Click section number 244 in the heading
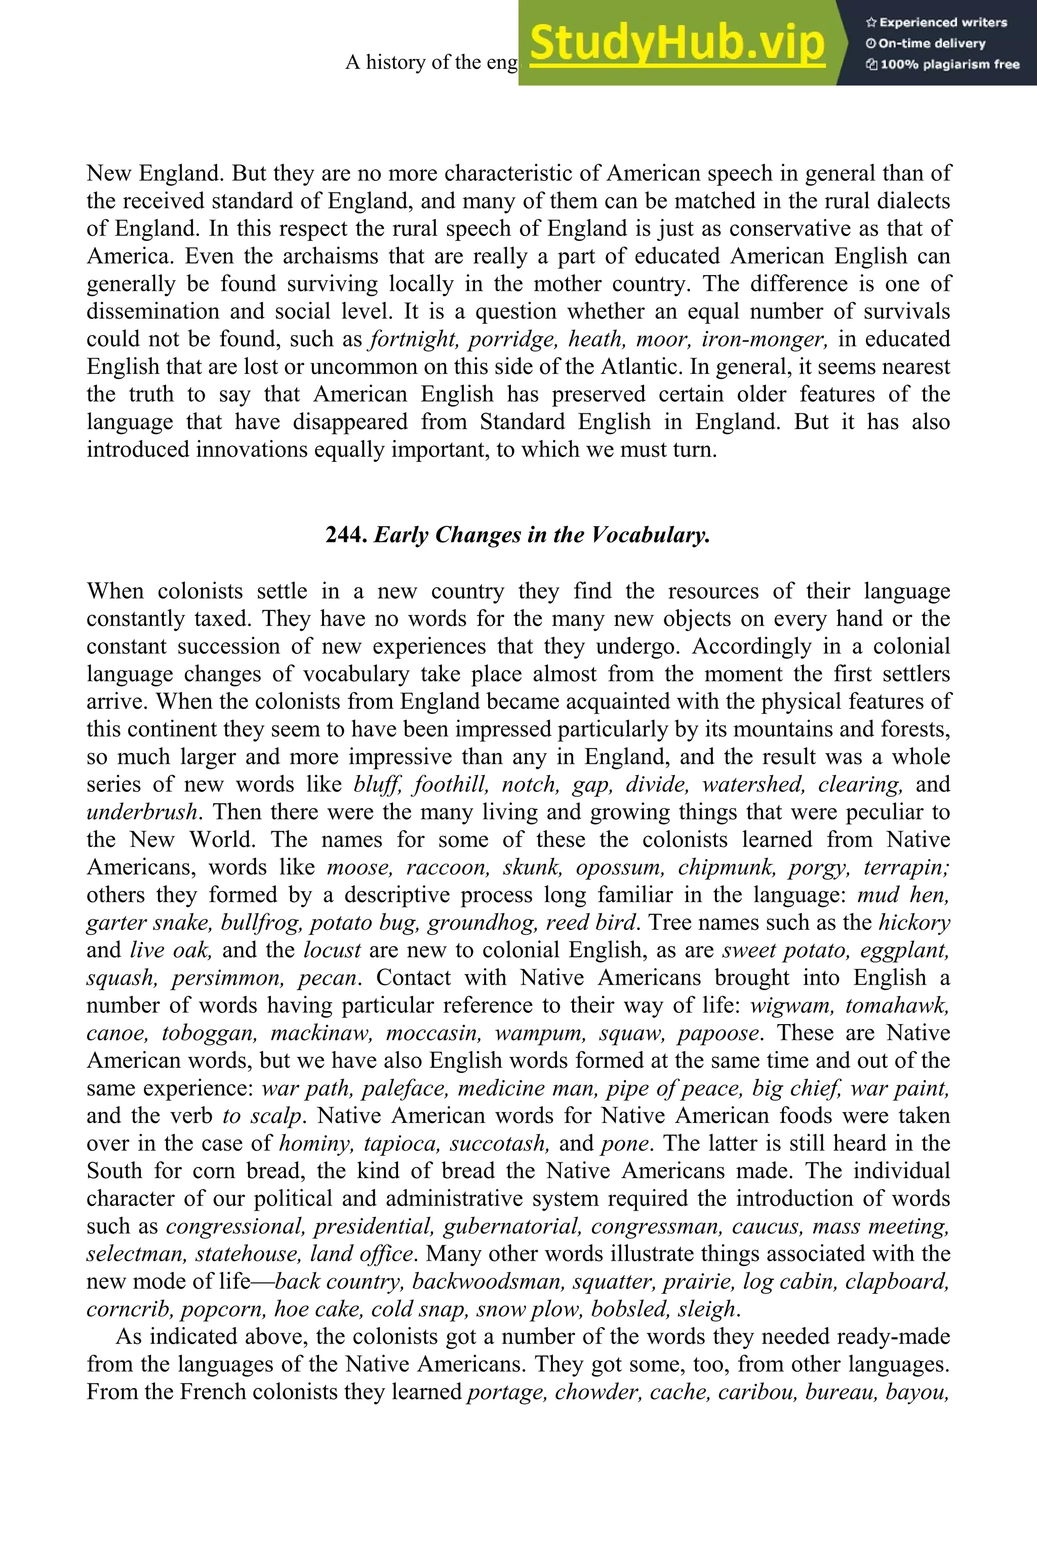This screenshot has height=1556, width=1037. (345, 534)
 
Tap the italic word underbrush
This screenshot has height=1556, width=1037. (142, 812)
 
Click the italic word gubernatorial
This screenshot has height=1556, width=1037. (512, 1227)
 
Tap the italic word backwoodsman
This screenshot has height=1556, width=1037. (488, 1282)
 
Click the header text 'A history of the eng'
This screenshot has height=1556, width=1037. (432, 62)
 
